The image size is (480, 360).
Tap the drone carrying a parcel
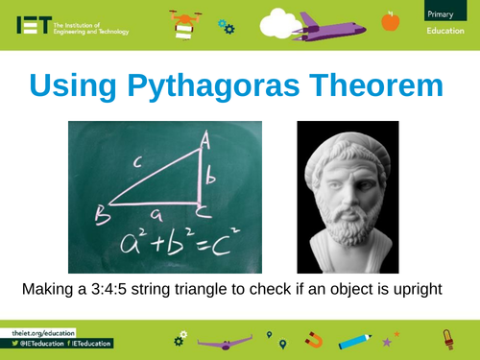point(185,23)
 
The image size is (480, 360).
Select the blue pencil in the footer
point(355,340)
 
